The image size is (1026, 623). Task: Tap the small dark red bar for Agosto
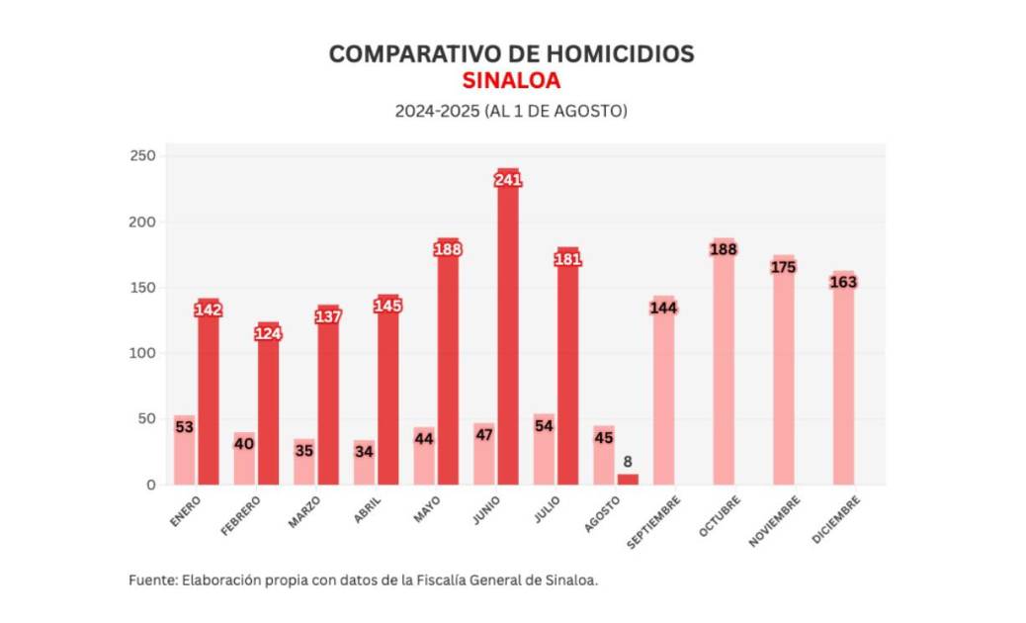point(628,480)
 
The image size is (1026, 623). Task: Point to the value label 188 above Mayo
point(448,249)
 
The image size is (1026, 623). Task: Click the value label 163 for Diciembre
point(843,282)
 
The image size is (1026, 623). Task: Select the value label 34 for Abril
point(364,451)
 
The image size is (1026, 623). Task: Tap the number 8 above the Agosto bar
point(628,461)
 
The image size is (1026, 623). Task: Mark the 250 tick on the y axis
point(142,156)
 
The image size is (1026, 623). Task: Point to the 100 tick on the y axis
point(142,353)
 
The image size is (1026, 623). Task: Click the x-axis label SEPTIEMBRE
point(655,520)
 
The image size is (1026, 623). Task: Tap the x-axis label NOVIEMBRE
point(776,520)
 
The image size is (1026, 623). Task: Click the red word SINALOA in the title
point(511,81)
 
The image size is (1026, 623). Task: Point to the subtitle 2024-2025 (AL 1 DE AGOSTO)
point(511,111)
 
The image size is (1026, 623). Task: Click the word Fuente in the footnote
point(151,580)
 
